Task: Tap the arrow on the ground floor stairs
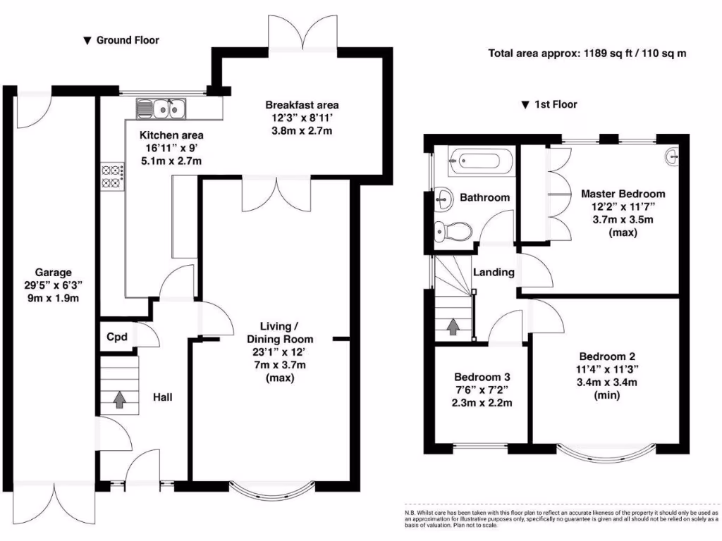[120, 399]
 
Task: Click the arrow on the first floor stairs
[452, 326]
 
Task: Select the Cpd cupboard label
[117, 337]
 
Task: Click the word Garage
[54, 272]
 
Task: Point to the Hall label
[163, 397]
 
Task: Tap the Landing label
[494, 272]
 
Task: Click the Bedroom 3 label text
[482, 375]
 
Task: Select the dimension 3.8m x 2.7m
[302, 131]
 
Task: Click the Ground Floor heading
[127, 40]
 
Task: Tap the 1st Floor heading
[555, 104]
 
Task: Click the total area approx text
[587, 53]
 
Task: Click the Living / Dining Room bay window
[272, 489]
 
